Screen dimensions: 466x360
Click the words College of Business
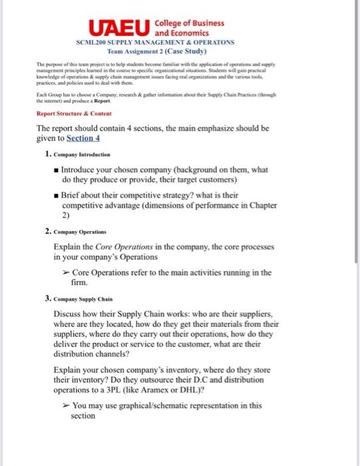click(189, 22)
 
